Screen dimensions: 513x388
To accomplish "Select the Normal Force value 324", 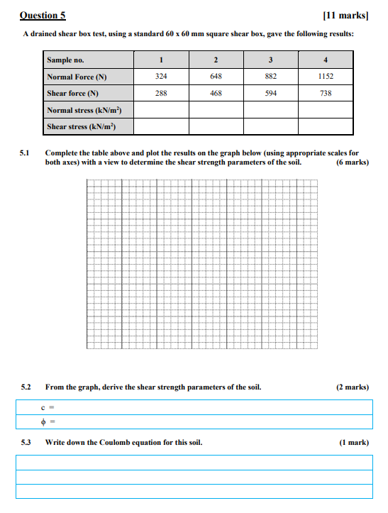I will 161,76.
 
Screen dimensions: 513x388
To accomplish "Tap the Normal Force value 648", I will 216,76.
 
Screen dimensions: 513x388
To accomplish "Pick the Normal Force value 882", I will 270,76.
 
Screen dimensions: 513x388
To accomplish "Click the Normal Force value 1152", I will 325,76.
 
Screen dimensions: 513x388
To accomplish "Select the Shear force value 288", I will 161,93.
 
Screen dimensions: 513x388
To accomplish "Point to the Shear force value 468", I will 216,93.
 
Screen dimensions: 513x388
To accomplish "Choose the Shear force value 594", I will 270,93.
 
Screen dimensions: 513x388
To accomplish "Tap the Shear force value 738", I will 325,93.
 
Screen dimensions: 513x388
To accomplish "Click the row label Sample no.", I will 65,60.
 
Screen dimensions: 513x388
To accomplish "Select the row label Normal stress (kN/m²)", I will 80,110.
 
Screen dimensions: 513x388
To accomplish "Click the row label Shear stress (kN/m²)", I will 80,126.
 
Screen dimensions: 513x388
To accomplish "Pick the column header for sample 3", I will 270,60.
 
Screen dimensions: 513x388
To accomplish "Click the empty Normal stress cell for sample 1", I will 161,110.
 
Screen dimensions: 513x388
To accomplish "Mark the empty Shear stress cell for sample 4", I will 325,126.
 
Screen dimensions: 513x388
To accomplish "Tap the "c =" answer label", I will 50,407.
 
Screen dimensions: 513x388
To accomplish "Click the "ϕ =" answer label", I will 49,423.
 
